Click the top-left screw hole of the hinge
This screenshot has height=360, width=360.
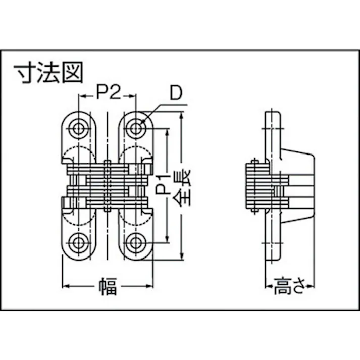pyautogui.click(x=79, y=128)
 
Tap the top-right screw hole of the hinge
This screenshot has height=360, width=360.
pyautogui.click(x=135, y=128)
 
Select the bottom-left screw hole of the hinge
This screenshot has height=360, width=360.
pyautogui.click(x=79, y=243)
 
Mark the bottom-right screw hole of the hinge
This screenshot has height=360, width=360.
pyautogui.click(x=135, y=243)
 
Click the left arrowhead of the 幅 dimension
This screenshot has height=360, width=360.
pyautogui.click(x=65, y=287)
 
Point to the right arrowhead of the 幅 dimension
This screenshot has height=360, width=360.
pyautogui.click(x=150, y=287)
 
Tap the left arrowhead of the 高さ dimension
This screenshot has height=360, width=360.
pyautogui.click(x=268, y=287)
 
